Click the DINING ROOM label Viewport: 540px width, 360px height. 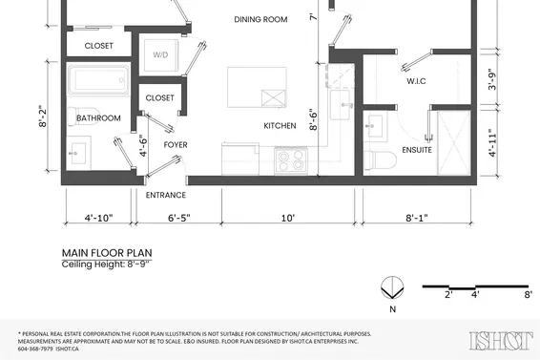click(x=260, y=19)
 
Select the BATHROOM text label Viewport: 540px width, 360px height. click(x=99, y=118)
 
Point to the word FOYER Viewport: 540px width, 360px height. click(x=175, y=145)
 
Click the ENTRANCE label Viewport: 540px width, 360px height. click(x=165, y=195)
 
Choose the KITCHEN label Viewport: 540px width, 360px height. click(x=281, y=125)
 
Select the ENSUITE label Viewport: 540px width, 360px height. click(x=417, y=149)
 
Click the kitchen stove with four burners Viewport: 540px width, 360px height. click(x=291, y=159)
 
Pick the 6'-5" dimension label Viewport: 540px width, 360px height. click(x=178, y=218)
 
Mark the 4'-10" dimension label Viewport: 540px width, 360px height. click(x=97, y=218)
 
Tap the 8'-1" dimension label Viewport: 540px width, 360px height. click(x=415, y=218)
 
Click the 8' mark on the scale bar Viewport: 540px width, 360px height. click(x=528, y=296)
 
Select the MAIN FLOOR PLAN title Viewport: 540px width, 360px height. click(x=106, y=255)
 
